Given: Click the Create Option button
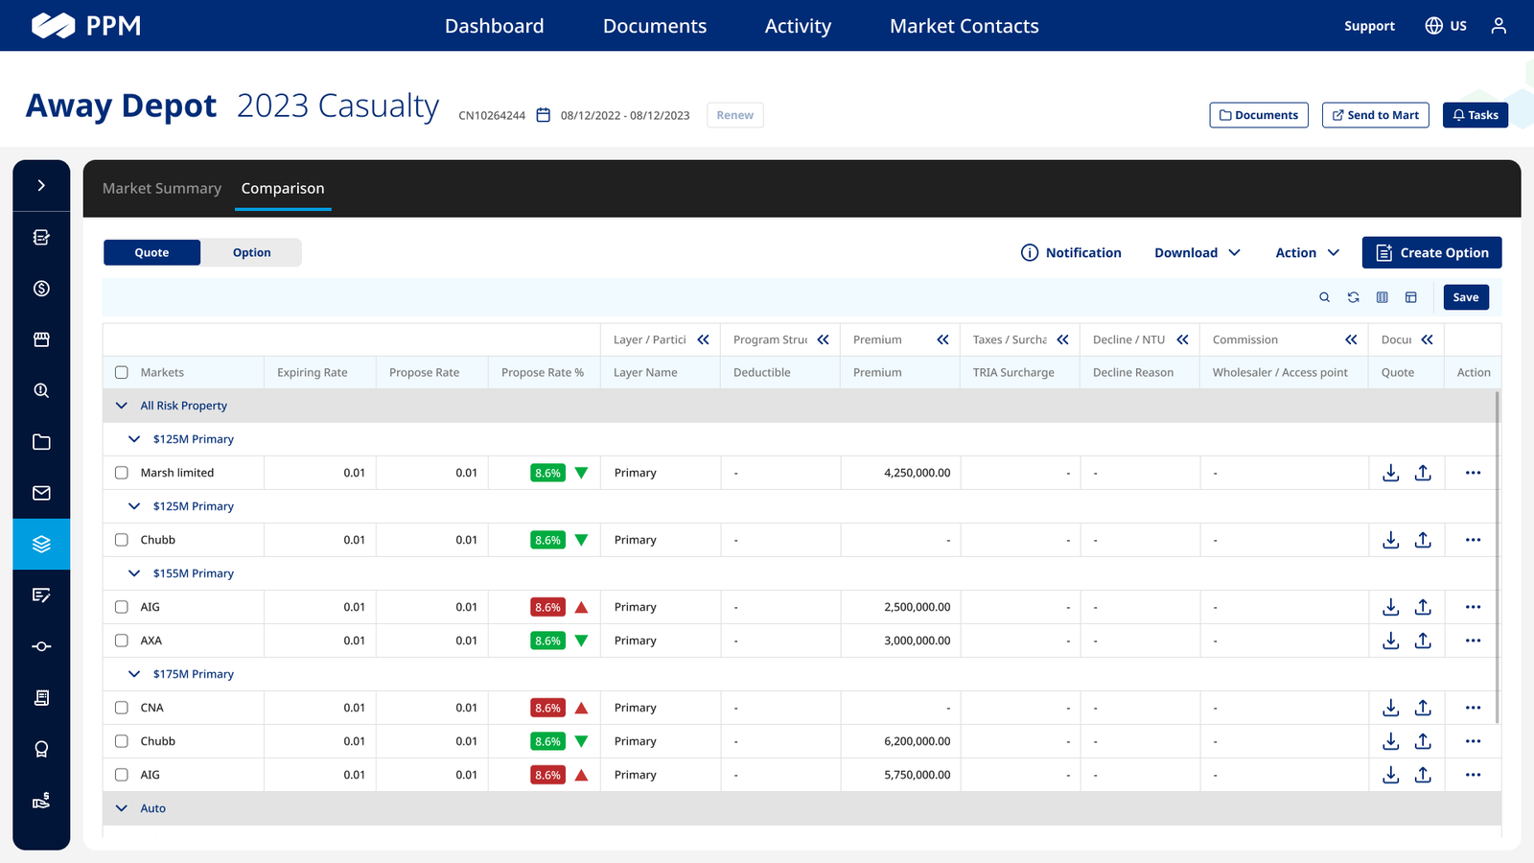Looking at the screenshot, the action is (1431, 253).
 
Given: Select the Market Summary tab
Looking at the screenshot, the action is (162, 188).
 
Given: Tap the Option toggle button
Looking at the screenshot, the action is (251, 253).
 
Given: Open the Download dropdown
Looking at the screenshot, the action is (1197, 253).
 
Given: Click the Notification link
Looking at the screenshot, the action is (1071, 253).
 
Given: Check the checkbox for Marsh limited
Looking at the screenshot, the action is (122, 473).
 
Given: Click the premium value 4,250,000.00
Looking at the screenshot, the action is (917, 473).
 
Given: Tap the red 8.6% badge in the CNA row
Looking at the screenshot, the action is (547, 708).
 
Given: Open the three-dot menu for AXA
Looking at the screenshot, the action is (1473, 641).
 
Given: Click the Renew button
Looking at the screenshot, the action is (734, 115).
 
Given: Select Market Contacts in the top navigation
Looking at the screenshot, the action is (965, 26).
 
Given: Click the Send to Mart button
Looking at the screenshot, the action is (1375, 115).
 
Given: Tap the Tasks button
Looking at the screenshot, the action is (1476, 115).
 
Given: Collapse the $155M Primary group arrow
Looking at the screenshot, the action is (134, 573).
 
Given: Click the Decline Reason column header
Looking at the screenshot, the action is (1132, 373).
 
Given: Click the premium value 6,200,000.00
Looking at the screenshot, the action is (917, 741).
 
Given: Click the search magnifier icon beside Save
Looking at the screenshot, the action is (1324, 297).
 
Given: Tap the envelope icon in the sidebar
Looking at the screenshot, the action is (42, 493).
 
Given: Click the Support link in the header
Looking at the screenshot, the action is (1369, 26).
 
